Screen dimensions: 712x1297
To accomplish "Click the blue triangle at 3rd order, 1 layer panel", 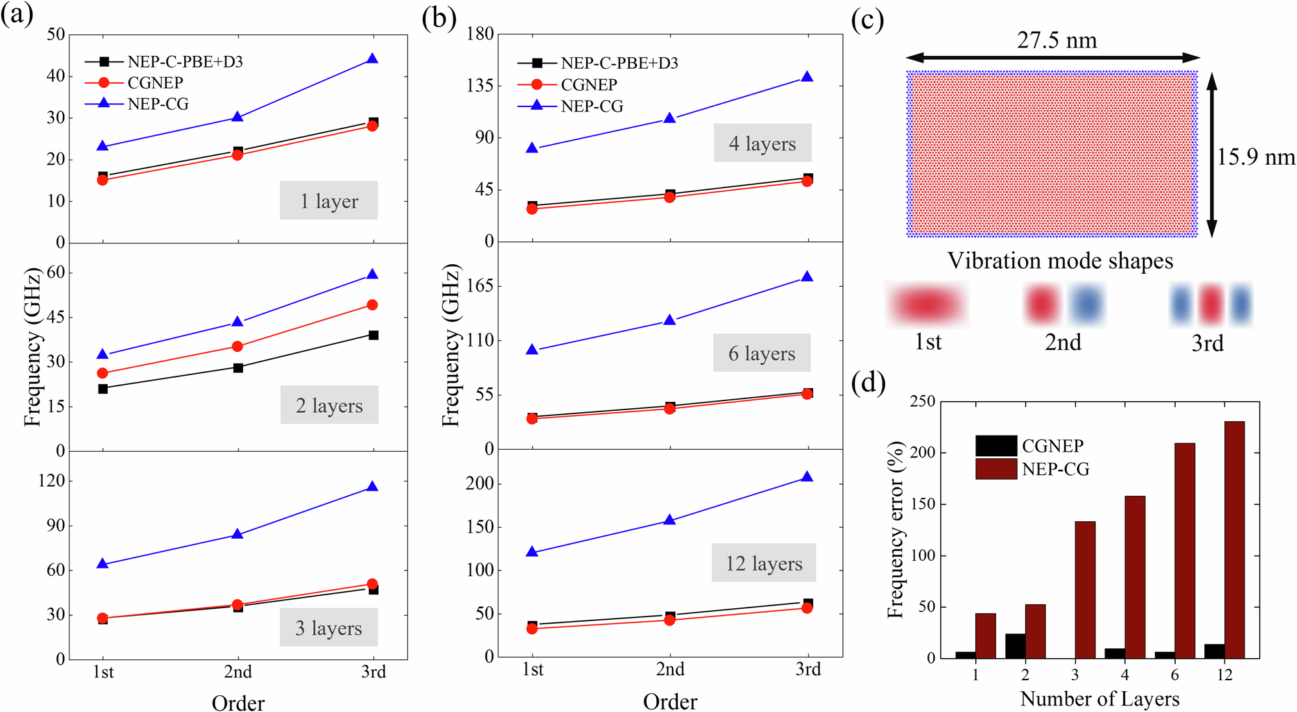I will pyautogui.click(x=372, y=59).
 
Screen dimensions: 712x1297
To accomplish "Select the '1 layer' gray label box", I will pyautogui.click(x=329, y=201).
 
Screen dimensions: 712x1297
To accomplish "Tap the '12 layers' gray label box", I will pyautogui.click(x=764, y=563).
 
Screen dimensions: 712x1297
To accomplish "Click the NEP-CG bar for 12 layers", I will pyautogui.click(x=1234, y=539).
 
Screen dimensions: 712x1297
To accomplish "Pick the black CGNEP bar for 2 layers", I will pyautogui.click(x=1015, y=645).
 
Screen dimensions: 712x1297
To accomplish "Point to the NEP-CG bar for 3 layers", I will pyautogui.click(x=1085, y=589).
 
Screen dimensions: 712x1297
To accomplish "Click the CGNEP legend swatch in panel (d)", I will pyautogui.click(x=996, y=446).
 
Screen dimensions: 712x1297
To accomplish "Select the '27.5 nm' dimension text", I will pyautogui.click(x=1056, y=40).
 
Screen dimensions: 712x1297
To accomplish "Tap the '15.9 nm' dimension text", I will pyautogui.click(x=1255, y=156).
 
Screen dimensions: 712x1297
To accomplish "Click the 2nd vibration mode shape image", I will pyautogui.click(x=1064, y=304).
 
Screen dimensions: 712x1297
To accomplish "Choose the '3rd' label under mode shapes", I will pyautogui.click(x=1207, y=343).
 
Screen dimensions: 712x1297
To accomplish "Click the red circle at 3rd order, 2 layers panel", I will pyautogui.click(x=372, y=305).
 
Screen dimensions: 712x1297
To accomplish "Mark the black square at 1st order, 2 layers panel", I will pyautogui.click(x=102, y=389).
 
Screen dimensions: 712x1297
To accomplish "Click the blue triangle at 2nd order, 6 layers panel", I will pyautogui.click(x=670, y=320).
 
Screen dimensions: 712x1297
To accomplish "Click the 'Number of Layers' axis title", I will pyautogui.click(x=1099, y=699).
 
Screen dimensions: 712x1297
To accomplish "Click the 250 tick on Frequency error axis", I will pyautogui.click(x=922, y=402).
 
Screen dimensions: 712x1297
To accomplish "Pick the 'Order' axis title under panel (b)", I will pyautogui.click(x=670, y=702).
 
